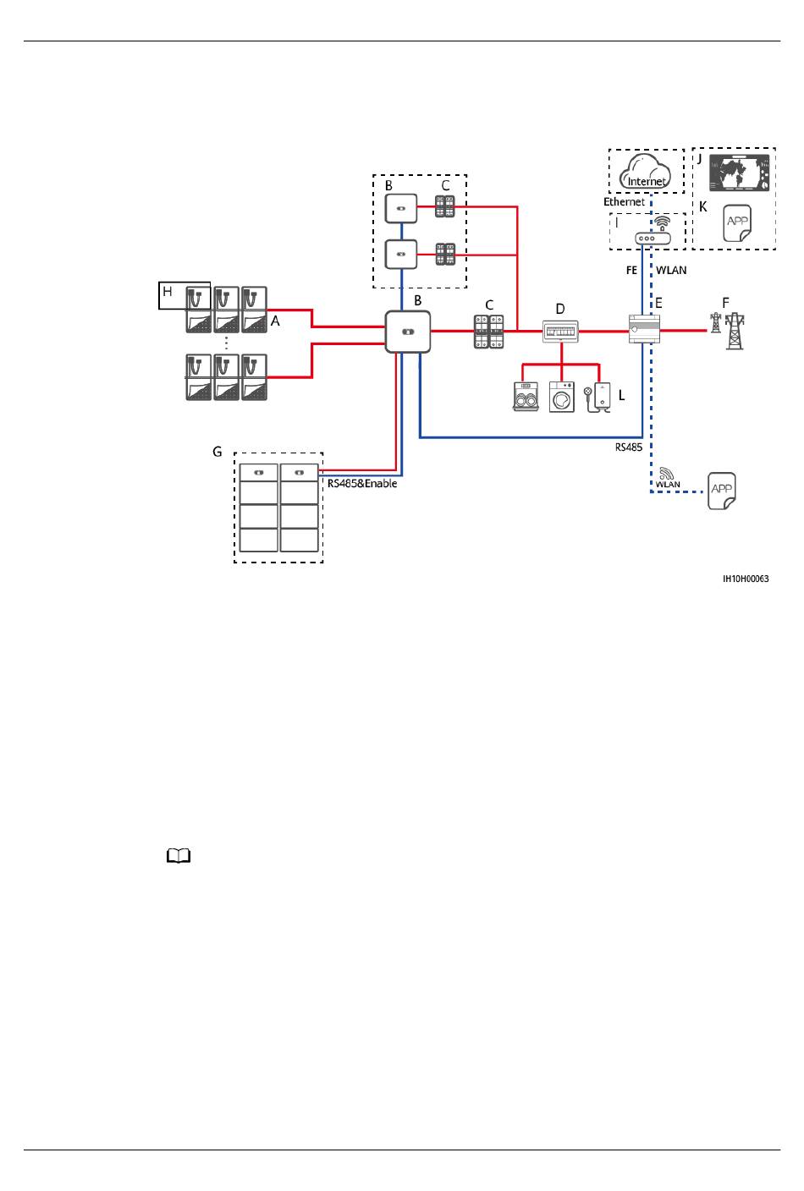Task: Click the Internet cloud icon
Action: pyautogui.click(x=646, y=171)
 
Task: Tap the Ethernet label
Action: pyautogui.click(x=624, y=202)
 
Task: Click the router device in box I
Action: pyautogui.click(x=653, y=239)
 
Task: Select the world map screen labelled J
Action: pyautogui.click(x=739, y=173)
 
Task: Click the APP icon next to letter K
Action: pyautogui.click(x=737, y=223)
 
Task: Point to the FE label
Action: pyautogui.click(x=631, y=271)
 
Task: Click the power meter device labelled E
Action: pyautogui.click(x=644, y=328)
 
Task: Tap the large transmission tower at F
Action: pyautogui.click(x=735, y=331)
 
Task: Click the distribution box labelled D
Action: pyautogui.click(x=560, y=331)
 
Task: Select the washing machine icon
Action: pyautogui.click(x=562, y=397)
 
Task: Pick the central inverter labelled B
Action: pyautogui.click(x=408, y=332)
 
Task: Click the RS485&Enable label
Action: pyautogui.click(x=362, y=483)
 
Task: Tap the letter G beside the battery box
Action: pyautogui.click(x=218, y=452)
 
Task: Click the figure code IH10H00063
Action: pyautogui.click(x=746, y=579)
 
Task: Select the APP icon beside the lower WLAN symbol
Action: pyautogui.click(x=722, y=491)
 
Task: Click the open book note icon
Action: pyautogui.click(x=179, y=856)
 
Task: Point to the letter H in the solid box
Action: pyautogui.click(x=168, y=291)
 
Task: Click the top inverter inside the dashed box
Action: pyautogui.click(x=401, y=208)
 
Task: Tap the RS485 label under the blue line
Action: pyautogui.click(x=629, y=447)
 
